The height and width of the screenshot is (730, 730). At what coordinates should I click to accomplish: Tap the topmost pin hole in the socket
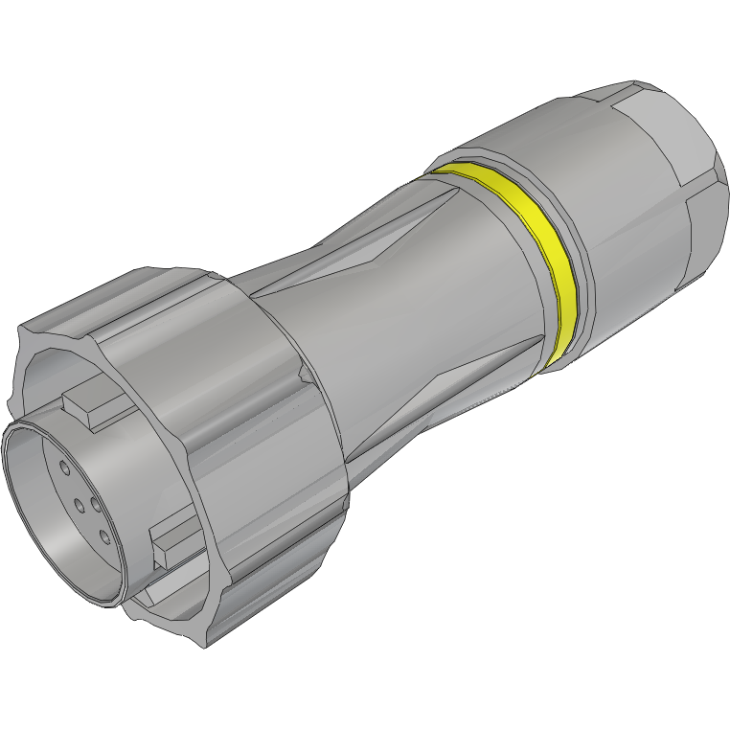click(x=64, y=468)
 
